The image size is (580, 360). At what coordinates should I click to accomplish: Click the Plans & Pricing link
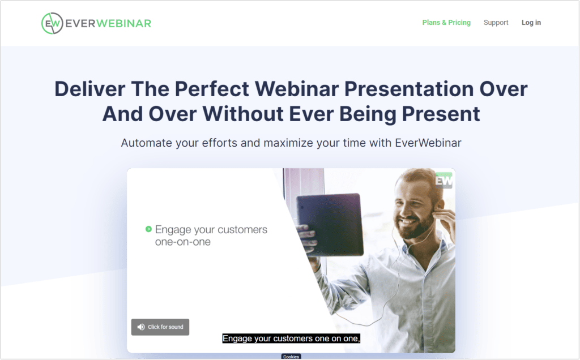tap(446, 23)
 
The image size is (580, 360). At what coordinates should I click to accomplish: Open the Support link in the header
tap(496, 23)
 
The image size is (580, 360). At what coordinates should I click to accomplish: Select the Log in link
tap(531, 23)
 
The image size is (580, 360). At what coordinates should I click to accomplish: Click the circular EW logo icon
tap(52, 23)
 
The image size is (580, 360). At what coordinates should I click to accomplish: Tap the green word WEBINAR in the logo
tap(123, 23)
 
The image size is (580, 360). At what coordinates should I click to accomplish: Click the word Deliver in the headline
tap(90, 89)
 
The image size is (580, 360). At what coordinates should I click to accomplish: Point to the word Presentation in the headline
tap(409, 89)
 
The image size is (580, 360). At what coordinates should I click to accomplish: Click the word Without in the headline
tap(242, 113)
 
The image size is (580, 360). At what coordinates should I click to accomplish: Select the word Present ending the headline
tap(441, 113)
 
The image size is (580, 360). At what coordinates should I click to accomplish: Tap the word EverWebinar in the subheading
tap(428, 143)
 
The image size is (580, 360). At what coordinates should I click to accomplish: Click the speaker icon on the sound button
tap(141, 327)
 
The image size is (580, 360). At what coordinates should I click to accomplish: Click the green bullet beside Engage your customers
tap(149, 229)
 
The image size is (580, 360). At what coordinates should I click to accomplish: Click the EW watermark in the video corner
tap(444, 181)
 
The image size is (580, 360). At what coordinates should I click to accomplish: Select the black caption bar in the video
tap(291, 338)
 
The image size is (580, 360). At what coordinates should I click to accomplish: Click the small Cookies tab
tap(291, 357)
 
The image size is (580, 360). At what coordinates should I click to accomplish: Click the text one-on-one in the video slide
tap(183, 242)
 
